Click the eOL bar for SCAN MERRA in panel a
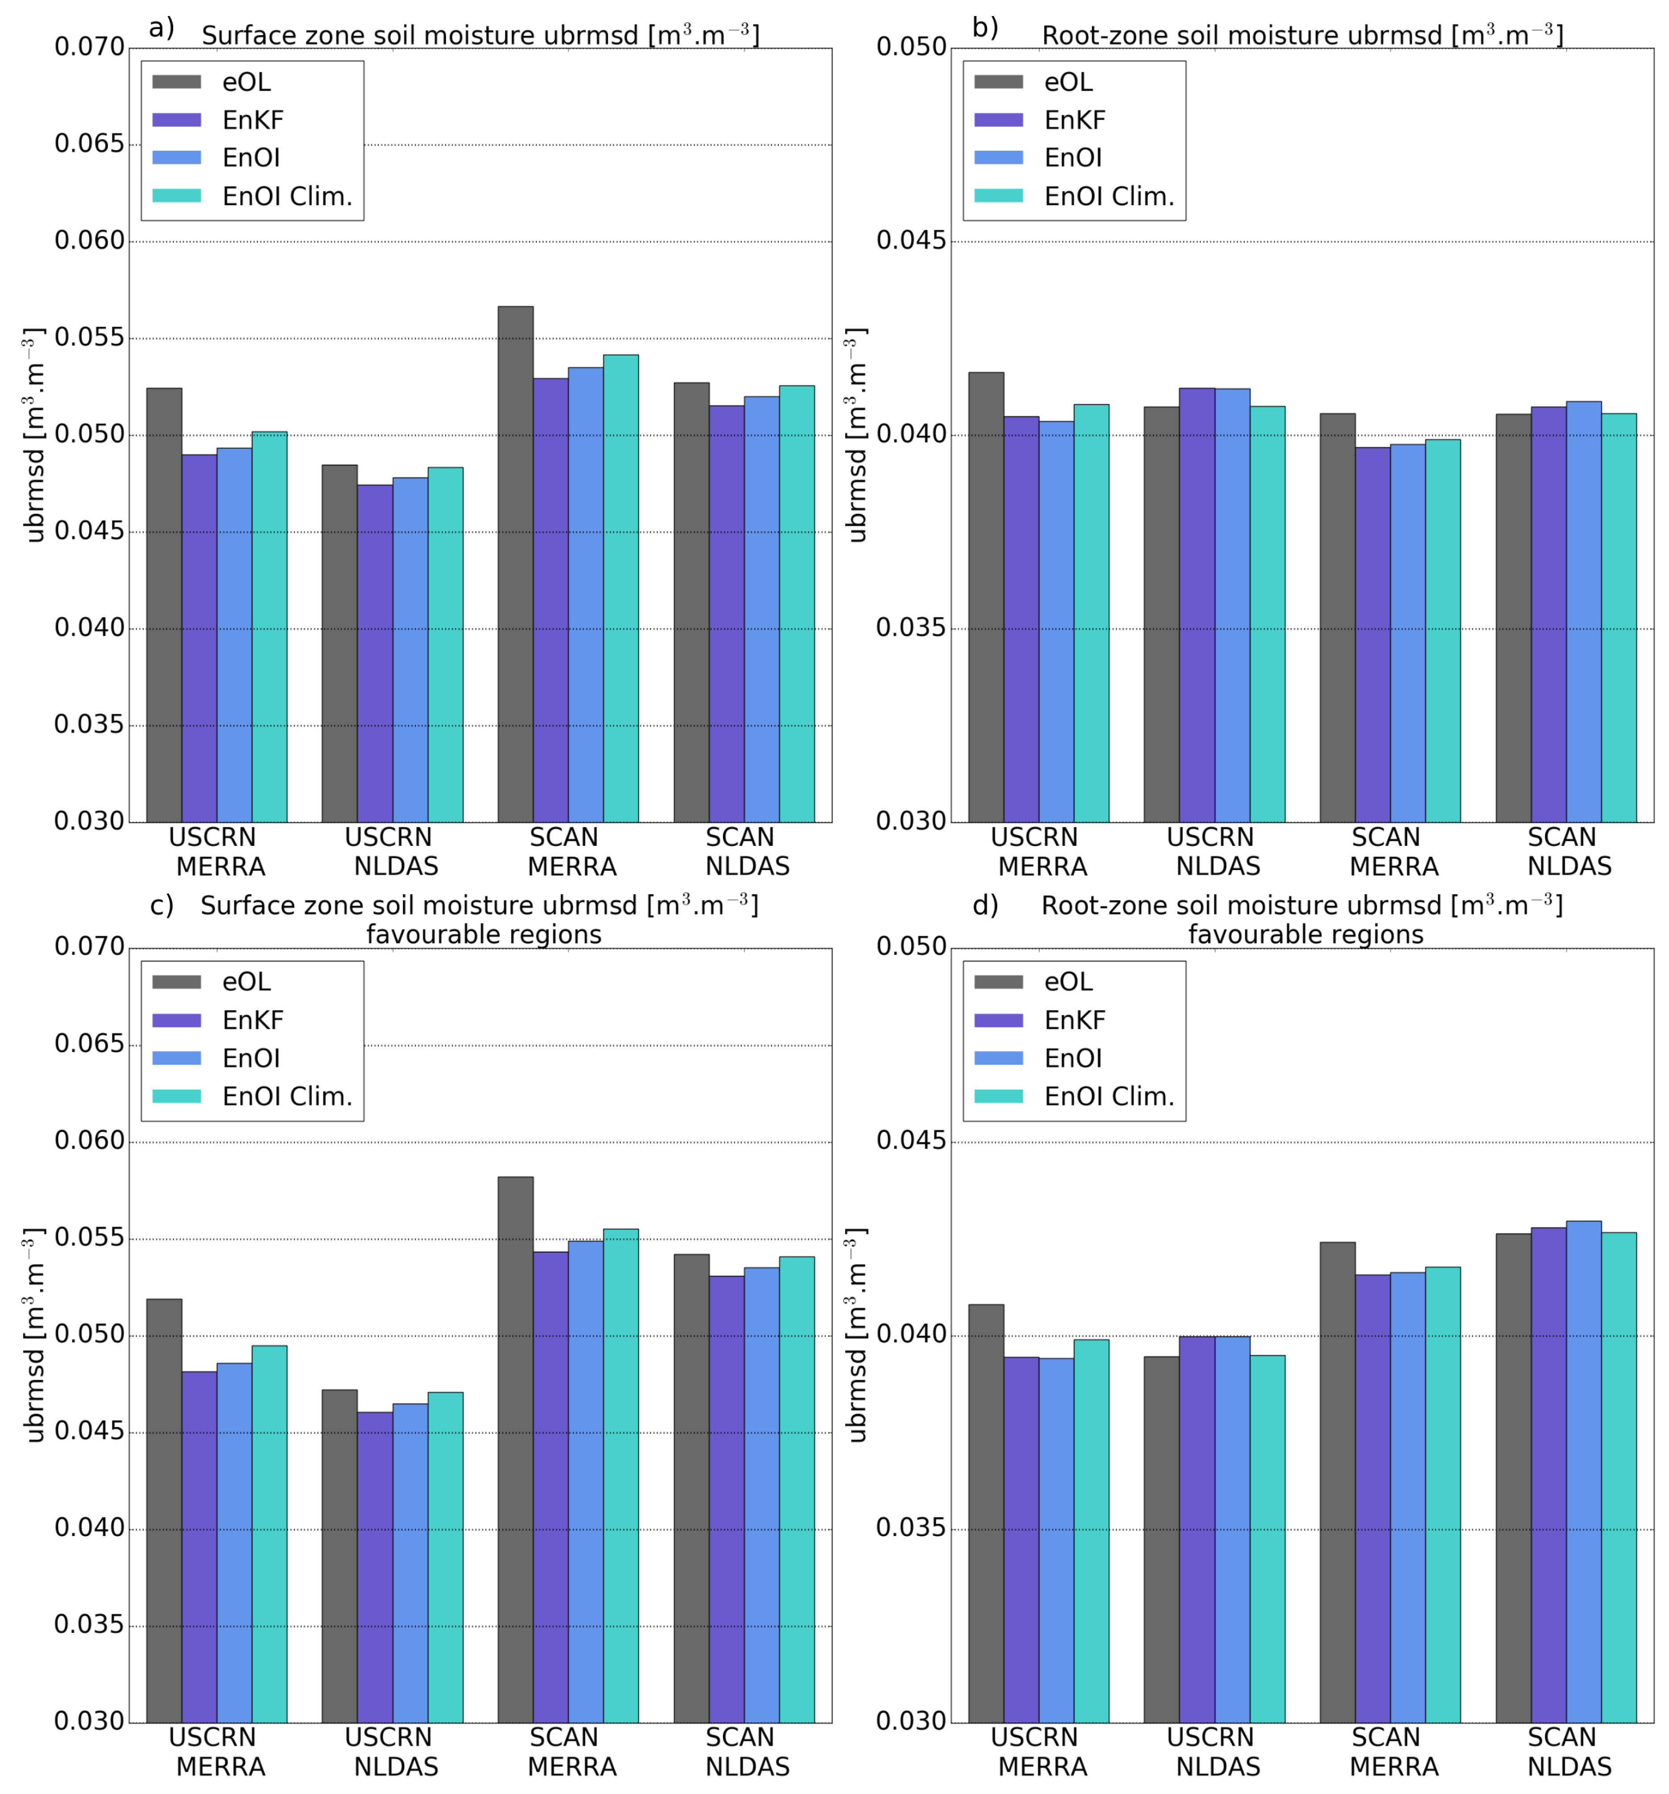click(x=515, y=564)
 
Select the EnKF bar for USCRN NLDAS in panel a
click(x=374, y=653)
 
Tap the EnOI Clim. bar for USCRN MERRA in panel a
click(x=269, y=626)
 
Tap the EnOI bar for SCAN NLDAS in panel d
click(x=1583, y=1471)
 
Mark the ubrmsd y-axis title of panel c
click(x=34, y=1336)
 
